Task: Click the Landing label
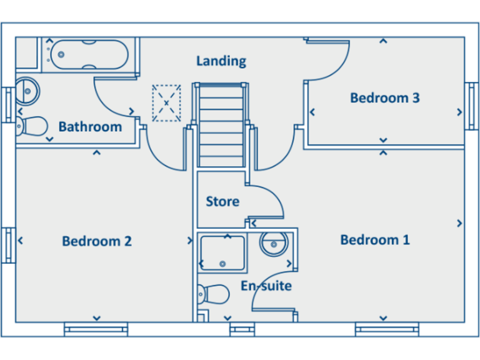[x=221, y=61]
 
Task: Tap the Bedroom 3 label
[x=384, y=97]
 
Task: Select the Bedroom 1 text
[x=375, y=240]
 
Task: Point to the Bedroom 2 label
[x=97, y=241]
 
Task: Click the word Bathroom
[x=90, y=127]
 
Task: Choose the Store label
[x=222, y=201]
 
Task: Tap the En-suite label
[x=266, y=286]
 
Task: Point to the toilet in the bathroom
[x=31, y=126]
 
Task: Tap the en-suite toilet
[x=213, y=293]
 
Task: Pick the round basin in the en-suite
[x=273, y=244]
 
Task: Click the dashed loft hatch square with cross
[x=166, y=102]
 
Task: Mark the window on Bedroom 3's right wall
[x=471, y=106]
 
